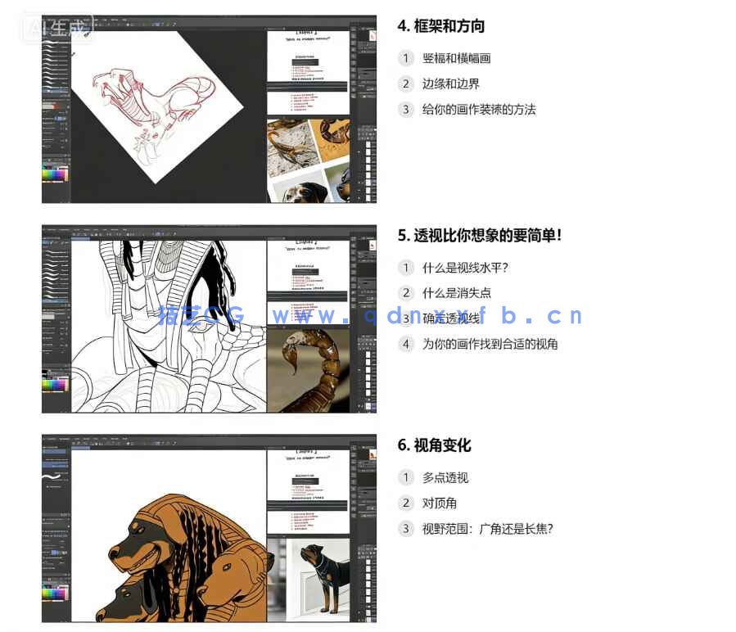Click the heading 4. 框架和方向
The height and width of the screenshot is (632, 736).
pyautogui.click(x=440, y=26)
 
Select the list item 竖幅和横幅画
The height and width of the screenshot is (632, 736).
pyautogui.click(x=456, y=58)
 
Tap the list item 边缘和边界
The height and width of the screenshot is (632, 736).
pyautogui.click(x=450, y=84)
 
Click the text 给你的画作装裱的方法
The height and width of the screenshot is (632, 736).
pyautogui.click(x=478, y=109)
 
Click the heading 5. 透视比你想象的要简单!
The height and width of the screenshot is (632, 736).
pyautogui.click(x=480, y=236)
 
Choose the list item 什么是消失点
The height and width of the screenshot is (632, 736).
pyautogui.click(x=456, y=293)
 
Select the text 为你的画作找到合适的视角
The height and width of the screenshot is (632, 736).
pyautogui.click(x=490, y=344)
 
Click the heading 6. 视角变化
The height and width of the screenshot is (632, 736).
pyautogui.click(x=434, y=445)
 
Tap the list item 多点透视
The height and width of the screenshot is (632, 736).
pyautogui.click(x=445, y=477)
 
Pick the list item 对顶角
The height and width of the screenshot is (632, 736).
pyautogui.click(x=439, y=503)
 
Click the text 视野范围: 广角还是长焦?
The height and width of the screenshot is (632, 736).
pyautogui.click(x=487, y=528)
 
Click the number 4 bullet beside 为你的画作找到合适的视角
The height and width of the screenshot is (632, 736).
pyautogui.click(x=406, y=344)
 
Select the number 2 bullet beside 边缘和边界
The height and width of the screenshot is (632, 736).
pyautogui.click(x=406, y=84)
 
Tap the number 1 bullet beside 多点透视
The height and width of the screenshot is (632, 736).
pyautogui.click(x=406, y=477)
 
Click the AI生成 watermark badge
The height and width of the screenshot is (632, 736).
pyautogui.click(x=57, y=28)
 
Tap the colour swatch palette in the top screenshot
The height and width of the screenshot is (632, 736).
pyautogui.click(x=55, y=174)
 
